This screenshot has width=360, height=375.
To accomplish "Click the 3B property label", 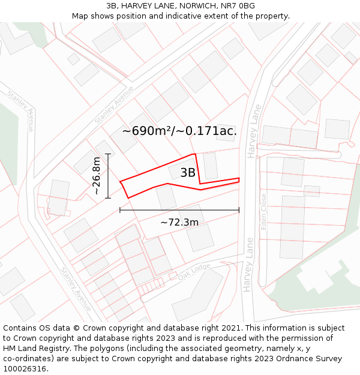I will (x=188, y=173).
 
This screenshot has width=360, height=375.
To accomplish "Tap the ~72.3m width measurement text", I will (x=179, y=222).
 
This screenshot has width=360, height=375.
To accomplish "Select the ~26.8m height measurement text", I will (x=97, y=176).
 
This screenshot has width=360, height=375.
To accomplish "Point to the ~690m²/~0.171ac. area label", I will (x=179, y=131).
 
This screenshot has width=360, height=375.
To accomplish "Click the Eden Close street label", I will (x=263, y=211).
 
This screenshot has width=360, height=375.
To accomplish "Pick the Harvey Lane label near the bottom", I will (x=249, y=265).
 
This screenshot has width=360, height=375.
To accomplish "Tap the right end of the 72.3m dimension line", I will (x=239, y=210).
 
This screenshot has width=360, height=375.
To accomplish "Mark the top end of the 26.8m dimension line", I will (x=108, y=154).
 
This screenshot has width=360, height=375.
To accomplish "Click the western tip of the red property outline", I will (x=120, y=182).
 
